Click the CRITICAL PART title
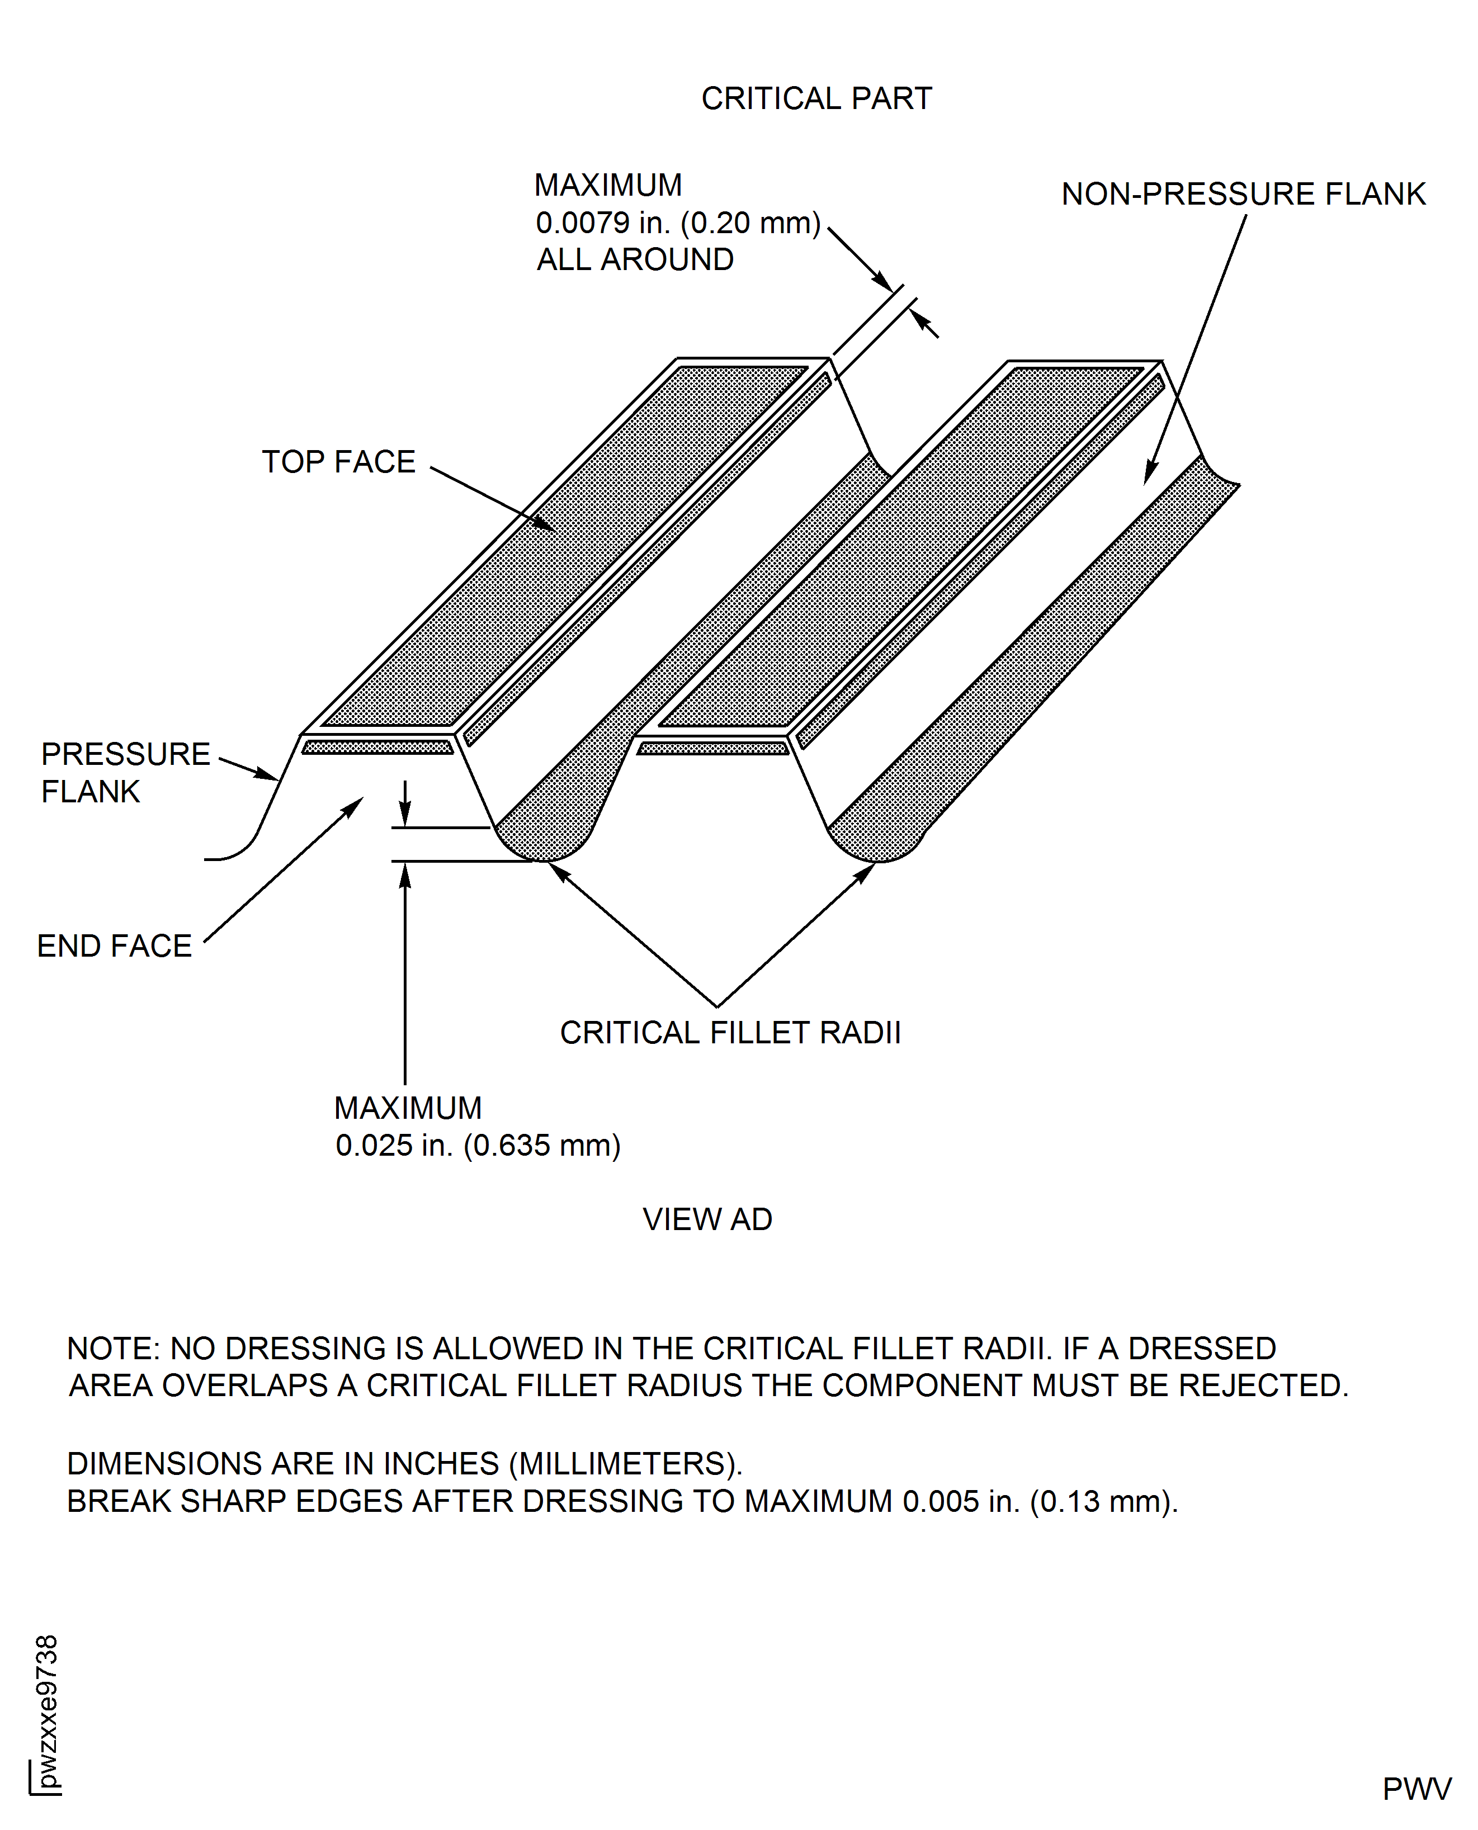click(x=816, y=99)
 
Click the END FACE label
click(x=114, y=945)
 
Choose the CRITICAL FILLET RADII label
click(x=730, y=1033)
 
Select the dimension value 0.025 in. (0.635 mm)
click(x=478, y=1146)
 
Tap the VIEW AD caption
click(x=707, y=1219)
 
